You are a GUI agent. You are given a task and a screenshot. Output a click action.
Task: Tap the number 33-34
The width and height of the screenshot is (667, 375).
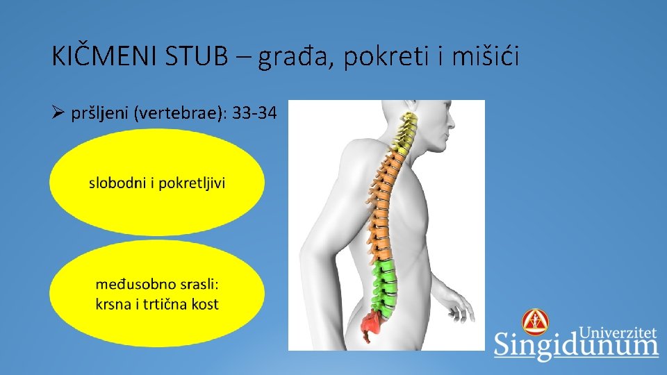tap(254, 114)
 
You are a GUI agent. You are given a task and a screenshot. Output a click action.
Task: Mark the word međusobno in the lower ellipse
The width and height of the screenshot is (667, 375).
tap(133, 285)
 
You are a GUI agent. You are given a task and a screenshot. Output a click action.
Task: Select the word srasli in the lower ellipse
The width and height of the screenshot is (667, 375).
tap(199, 285)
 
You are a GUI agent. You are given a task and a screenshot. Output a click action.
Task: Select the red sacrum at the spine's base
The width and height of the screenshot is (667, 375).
tap(374, 324)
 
